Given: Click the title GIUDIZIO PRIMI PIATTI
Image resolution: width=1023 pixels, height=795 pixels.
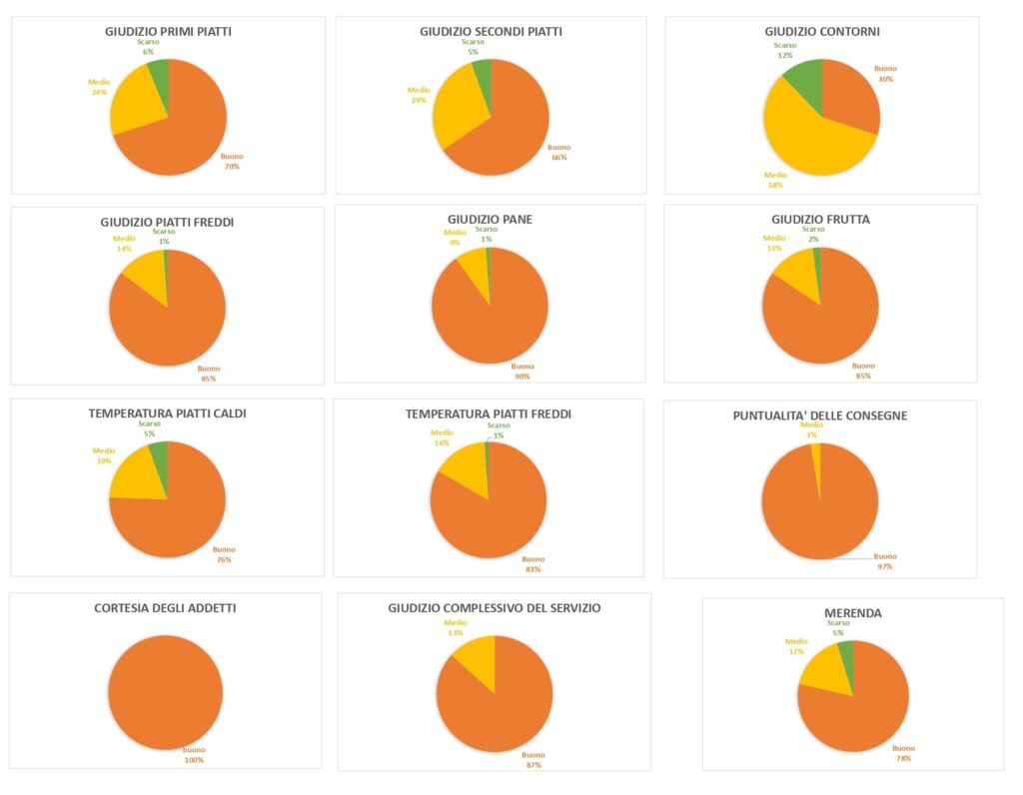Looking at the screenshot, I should [x=168, y=31].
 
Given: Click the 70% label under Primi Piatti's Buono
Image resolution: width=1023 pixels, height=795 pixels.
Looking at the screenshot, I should [x=232, y=167].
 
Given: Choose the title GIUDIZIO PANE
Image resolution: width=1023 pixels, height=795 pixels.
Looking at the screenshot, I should [x=489, y=218].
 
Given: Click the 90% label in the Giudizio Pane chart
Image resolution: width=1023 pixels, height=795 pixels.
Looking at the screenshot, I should [x=522, y=377].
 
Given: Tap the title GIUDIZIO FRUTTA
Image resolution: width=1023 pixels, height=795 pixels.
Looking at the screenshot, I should [x=820, y=218].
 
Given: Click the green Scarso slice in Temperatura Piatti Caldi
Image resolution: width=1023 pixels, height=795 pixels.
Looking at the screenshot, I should [x=158, y=456].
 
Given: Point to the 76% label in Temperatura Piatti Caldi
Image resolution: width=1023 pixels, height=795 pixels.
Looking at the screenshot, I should [x=224, y=559].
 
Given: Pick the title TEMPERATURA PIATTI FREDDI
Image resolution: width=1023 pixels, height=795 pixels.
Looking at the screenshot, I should [x=489, y=413].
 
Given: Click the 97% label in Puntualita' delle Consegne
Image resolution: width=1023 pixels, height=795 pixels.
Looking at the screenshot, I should [x=885, y=566].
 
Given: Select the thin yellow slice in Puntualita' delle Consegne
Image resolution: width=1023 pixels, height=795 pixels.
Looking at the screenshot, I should [x=816, y=454].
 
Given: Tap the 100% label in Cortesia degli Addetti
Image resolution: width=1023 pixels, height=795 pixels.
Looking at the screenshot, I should [x=193, y=760].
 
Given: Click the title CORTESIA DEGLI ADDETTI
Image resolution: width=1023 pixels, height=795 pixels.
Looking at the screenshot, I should [x=165, y=607].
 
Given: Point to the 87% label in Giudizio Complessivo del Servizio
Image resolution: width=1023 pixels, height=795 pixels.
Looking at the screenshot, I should [x=533, y=765].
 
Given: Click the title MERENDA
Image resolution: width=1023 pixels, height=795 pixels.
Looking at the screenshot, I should [x=852, y=612].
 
